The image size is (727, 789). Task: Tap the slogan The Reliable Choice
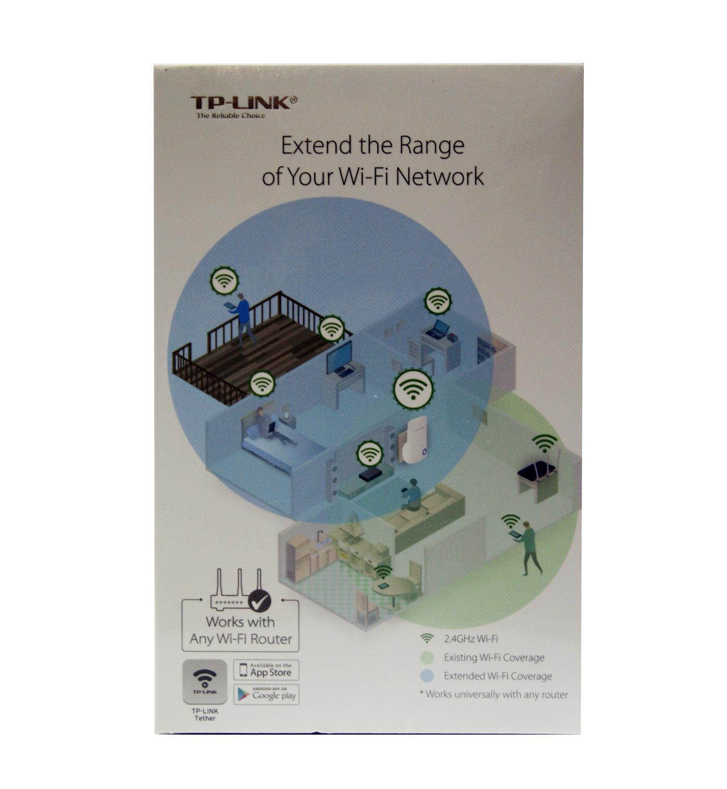[x=230, y=116]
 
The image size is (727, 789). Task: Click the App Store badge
[x=266, y=671]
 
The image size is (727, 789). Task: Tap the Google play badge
[x=266, y=695]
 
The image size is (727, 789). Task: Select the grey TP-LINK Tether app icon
[x=205, y=682]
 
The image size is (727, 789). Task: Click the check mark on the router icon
[x=259, y=600]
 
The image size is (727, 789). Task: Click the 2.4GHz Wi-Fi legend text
[x=471, y=639]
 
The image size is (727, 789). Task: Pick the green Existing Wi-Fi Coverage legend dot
[x=427, y=658]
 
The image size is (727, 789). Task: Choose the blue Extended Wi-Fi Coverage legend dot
[x=427, y=676]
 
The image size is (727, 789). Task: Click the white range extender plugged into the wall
[x=414, y=440]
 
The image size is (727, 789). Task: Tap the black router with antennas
[x=536, y=473]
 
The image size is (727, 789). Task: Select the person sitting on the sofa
[x=412, y=496]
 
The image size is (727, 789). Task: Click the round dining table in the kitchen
[x=393, y=588]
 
